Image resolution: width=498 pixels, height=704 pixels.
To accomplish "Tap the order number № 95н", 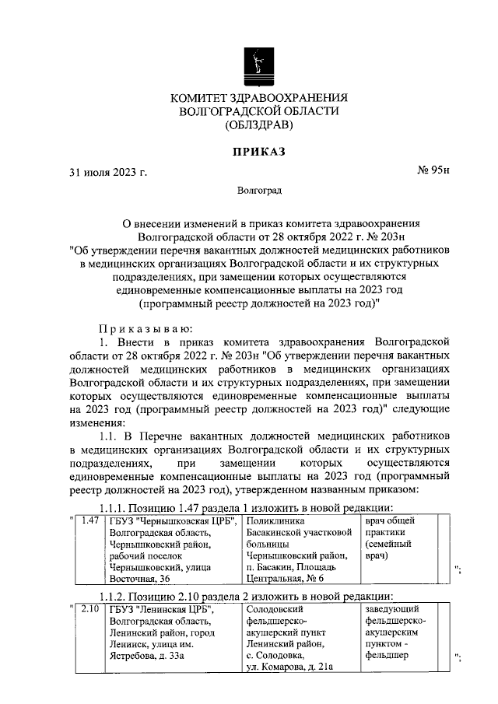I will click(434, 171).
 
